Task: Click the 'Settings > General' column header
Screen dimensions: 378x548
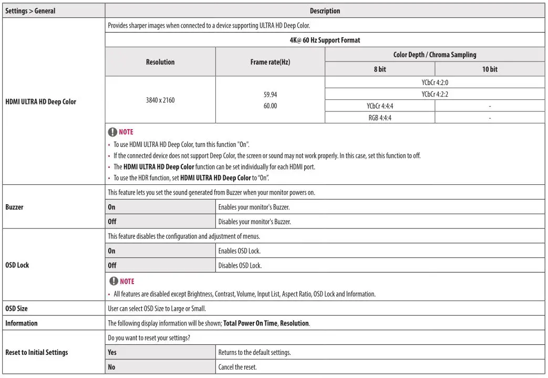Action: (30, 10)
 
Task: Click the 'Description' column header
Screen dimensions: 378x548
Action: (325, 10)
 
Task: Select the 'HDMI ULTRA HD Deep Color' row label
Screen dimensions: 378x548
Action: (40, 102)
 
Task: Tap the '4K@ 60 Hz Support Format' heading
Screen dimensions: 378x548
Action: (325, 40)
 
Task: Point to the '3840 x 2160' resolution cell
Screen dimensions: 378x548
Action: (160, 100)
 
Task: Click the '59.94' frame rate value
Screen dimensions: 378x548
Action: (270, 95)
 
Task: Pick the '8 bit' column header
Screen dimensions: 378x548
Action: (380, 69)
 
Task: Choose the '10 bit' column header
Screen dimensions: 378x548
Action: (490, 69)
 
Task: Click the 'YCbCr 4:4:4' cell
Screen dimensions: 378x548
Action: (380, 106)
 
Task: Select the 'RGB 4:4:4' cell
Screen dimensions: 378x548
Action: (380, 118)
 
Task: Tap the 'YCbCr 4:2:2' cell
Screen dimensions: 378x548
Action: (435, 94)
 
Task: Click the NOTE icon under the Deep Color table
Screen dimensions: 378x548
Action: (112, 132)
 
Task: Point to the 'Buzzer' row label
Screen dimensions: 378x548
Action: (14, 207)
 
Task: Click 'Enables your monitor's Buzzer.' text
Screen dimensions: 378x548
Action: (254, 207)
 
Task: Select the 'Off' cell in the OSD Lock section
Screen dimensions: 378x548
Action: (112, 265)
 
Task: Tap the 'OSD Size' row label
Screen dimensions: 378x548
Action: (16, 309)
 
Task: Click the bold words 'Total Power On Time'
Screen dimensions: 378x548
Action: (250, 323)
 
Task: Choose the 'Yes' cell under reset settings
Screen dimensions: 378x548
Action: (112, 352)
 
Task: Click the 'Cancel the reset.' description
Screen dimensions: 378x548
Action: (237, 367)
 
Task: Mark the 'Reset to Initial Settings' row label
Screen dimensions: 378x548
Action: (36, 352)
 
